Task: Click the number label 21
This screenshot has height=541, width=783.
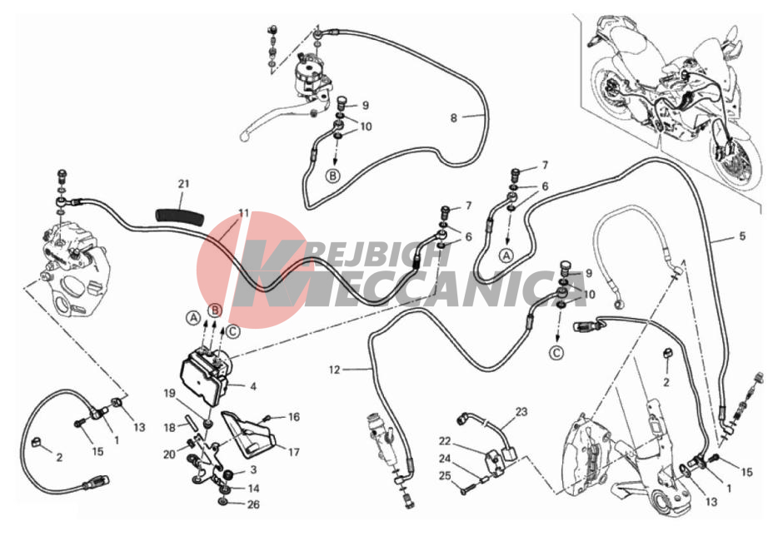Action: tap(184, 184)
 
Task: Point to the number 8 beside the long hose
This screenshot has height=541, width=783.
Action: tap(453, 118)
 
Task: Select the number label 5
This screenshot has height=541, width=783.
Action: tap(742, 236)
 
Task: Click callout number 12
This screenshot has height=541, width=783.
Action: tap(335, 370)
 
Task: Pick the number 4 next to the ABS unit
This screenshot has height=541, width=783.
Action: tap(253, 386)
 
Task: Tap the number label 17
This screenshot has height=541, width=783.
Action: tap(293, 452)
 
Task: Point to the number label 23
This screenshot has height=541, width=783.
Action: tap(521, 412)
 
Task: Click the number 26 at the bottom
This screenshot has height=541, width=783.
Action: tap(254, 504)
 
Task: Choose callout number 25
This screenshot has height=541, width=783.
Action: tap(445, 476)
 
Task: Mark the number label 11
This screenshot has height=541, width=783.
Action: tap(244, 213)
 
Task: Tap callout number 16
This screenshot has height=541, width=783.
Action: tap(294, 417)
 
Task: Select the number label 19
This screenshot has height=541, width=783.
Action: tap(170, 394)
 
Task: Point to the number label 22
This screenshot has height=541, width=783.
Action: tap(445, 441)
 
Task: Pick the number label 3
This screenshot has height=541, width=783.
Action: tap(254, 469)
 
